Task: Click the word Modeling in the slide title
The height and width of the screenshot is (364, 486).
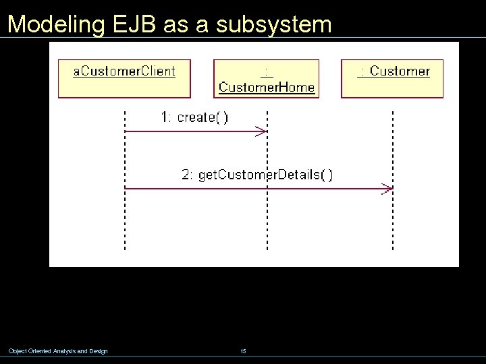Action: (55, 24)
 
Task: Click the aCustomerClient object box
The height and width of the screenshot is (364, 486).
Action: (124, 78)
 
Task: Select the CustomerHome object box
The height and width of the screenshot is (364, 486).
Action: (267, 79)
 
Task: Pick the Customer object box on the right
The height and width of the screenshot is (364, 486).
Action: (392, 78)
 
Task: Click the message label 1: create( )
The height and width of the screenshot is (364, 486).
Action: (194, 117)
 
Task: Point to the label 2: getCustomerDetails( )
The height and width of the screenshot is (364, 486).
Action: (257, 175)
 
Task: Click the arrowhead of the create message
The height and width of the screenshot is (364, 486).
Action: (263, 131)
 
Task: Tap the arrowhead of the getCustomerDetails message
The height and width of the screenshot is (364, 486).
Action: (387, 189)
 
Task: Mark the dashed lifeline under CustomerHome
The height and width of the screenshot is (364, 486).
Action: (268, 222)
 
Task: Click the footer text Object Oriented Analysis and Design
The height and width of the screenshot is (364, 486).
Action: (58, 351)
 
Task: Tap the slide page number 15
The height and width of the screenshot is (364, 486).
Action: (243, 351)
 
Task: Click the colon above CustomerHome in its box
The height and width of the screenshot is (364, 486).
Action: (267, 71)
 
